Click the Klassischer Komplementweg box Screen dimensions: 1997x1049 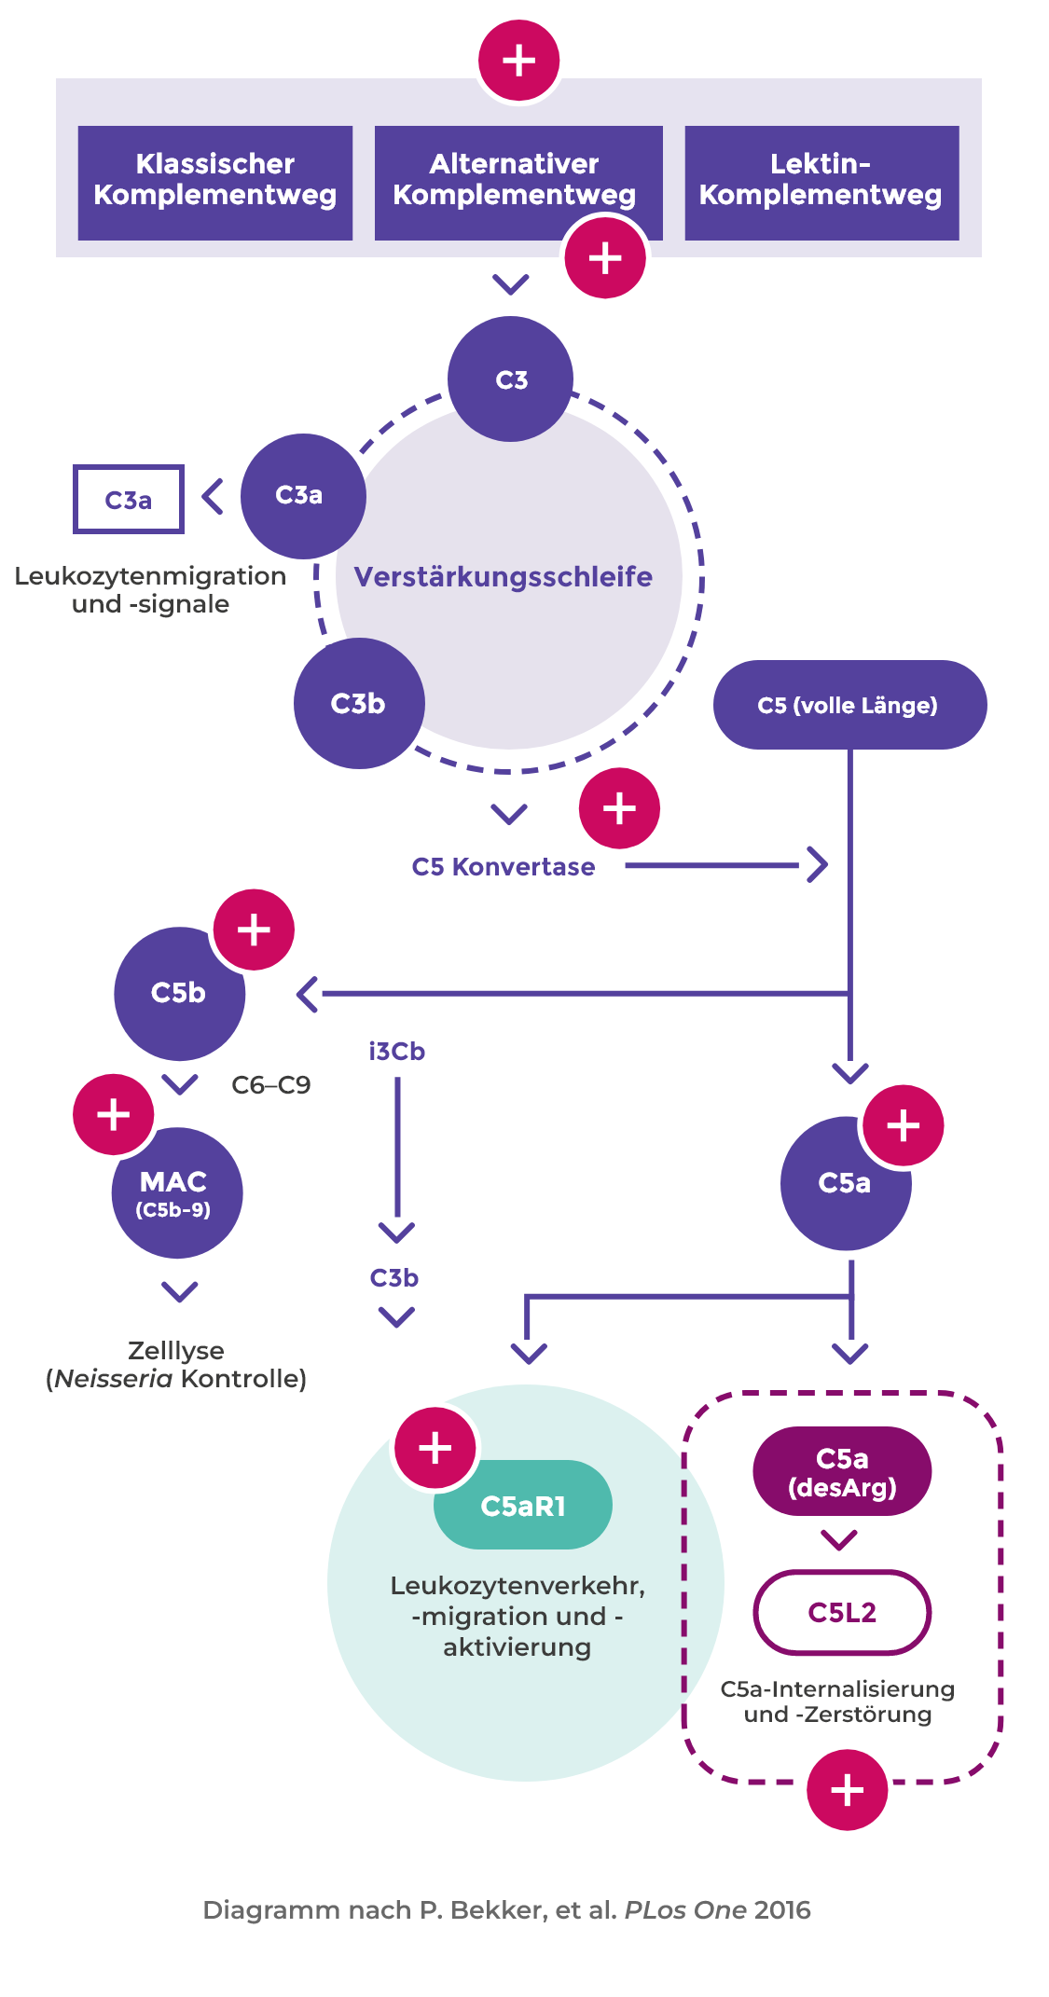pos(214,182)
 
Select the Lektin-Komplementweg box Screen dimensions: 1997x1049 pos(821,182)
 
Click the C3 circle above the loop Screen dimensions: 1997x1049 pos(510,379)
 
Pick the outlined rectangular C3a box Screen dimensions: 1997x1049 pos(129,500)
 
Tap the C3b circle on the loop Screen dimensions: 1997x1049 pos(358,703)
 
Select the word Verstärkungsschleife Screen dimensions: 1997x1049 pos(503,576)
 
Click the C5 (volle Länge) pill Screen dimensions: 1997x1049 pos(849,705)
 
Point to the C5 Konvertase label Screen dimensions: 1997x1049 pos(503,867)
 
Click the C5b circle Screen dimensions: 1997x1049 pos(178,993)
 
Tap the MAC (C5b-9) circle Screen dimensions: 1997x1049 pos(176,1193)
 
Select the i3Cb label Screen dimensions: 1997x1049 pos(396,1052)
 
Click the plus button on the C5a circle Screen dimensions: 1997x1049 pos(903,1125)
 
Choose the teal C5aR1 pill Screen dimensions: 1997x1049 pos(522,1506)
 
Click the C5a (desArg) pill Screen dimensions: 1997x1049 pos(842,1471)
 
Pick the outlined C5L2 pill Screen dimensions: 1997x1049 pos(842,1613)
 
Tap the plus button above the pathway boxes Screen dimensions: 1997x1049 pos(518,61)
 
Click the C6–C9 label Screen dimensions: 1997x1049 pos(270,1085)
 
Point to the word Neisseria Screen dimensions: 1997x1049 pos(113,1379)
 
